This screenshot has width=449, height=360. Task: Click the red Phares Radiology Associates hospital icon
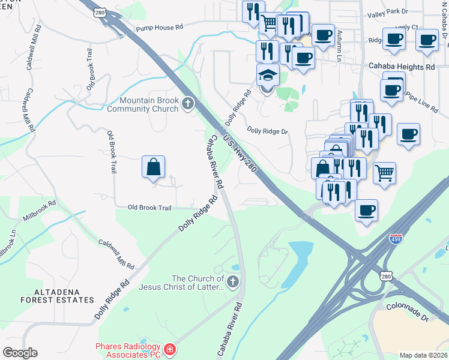(170, 349)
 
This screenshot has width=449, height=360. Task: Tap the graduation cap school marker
(268, 76)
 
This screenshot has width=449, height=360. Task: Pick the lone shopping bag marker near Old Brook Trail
(154, 166)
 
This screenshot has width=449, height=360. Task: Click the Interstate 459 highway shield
(396, 239)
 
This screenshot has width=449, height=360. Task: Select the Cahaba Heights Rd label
(401, 67)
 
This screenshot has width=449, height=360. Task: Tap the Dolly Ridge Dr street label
(268, 131)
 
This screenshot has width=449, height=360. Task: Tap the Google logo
(20, 353)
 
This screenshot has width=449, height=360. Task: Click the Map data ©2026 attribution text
(423, 355)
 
